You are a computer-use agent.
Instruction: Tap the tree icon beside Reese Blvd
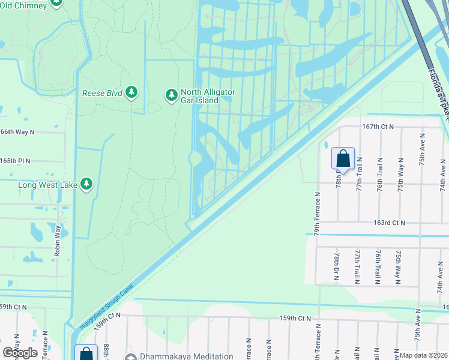tap(132, 92)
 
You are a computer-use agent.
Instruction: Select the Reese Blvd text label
tap(102, 93)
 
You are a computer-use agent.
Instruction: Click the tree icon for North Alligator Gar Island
tap(172, 95)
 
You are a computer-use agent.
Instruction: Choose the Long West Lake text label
tap(48, 185)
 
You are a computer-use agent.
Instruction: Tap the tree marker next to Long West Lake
tap(87, 184)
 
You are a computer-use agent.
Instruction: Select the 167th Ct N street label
tap(378, 127)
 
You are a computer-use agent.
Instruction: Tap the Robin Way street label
tap(58, 241)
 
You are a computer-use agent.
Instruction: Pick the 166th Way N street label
tap(17, 131)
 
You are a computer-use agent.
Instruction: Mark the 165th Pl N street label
tap(15, 161)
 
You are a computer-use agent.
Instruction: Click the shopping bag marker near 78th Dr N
tap(343, 158)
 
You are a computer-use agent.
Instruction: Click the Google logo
tap(20, 353)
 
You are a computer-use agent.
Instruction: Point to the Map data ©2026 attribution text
tap(424, 355)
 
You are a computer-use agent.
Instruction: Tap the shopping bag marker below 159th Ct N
tap(86, 354)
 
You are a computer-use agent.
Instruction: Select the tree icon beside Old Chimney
tap(56, 2)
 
